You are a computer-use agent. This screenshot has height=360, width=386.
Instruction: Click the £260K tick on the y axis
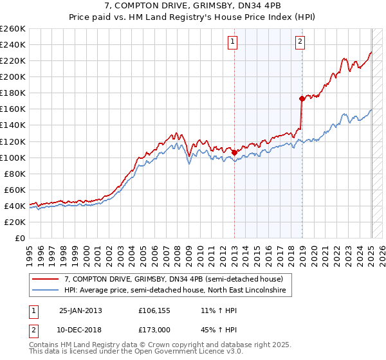(x=12, y=29)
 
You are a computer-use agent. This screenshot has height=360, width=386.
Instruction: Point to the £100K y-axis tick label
(x=12, y=157)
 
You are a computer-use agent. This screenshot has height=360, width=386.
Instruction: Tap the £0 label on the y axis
(x=19, y=238)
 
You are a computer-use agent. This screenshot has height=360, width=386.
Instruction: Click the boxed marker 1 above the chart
(x=232, y=42)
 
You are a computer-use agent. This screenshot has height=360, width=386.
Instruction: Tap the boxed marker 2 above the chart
(x=300, y=42)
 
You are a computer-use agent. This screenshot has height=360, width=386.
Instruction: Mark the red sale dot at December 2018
(x=301, y=98)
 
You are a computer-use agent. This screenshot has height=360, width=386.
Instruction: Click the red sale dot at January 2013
(x=234, y=152)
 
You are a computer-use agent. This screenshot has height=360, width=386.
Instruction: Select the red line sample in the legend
(x=45, y=279)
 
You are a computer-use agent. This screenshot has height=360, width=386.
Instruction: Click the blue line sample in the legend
(x=45, y=291)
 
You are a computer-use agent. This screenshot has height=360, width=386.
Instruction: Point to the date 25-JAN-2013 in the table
(x=80, y=310)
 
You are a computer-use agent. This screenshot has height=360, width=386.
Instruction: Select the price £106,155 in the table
(x=155, y=310)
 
